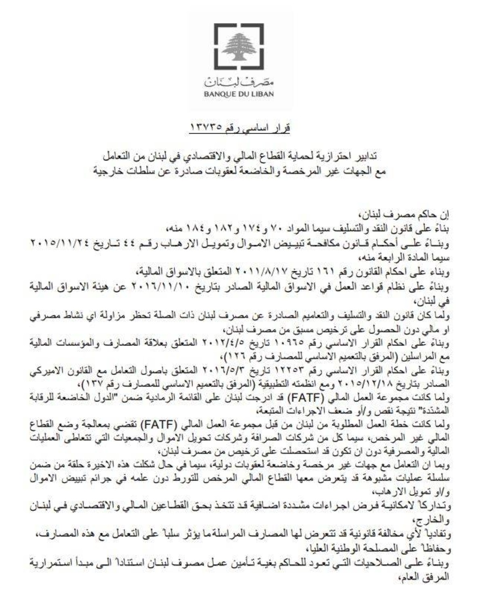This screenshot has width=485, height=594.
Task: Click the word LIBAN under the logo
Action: tap(262, 94)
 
